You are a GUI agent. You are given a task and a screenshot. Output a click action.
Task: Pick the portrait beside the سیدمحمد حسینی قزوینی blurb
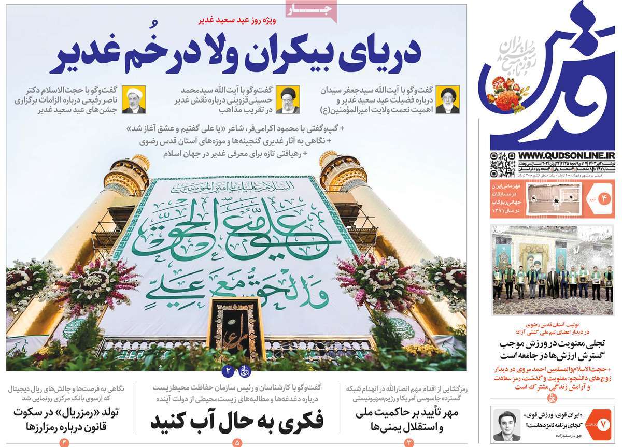click(287, 100)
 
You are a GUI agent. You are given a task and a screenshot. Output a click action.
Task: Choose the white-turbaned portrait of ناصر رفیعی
click(133, 100)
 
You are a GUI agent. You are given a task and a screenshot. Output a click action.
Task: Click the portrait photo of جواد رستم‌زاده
click(506, 425)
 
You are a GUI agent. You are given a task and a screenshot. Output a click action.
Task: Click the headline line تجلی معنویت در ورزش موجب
click(555, 344)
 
